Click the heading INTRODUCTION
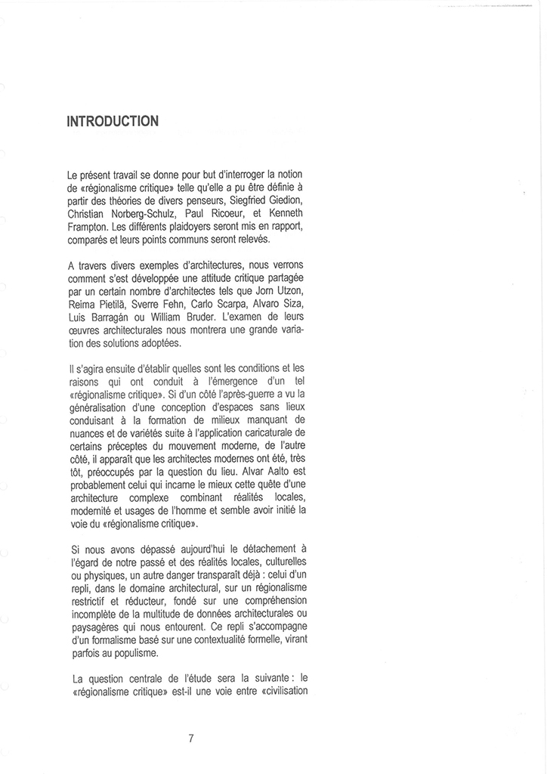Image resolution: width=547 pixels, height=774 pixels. point(113,121)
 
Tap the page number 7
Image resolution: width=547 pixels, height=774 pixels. point(191,738)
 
